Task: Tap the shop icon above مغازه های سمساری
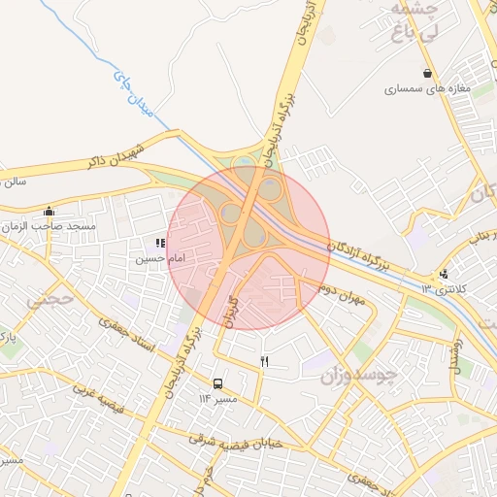[x=427, y=73]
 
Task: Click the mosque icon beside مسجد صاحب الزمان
[x=50, y=212]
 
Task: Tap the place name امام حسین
[x=157, y=259]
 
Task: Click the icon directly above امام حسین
[x=159, y=244]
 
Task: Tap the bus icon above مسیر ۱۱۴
[x=217, y=383]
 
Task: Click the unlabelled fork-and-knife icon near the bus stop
[x=264, y=361]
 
